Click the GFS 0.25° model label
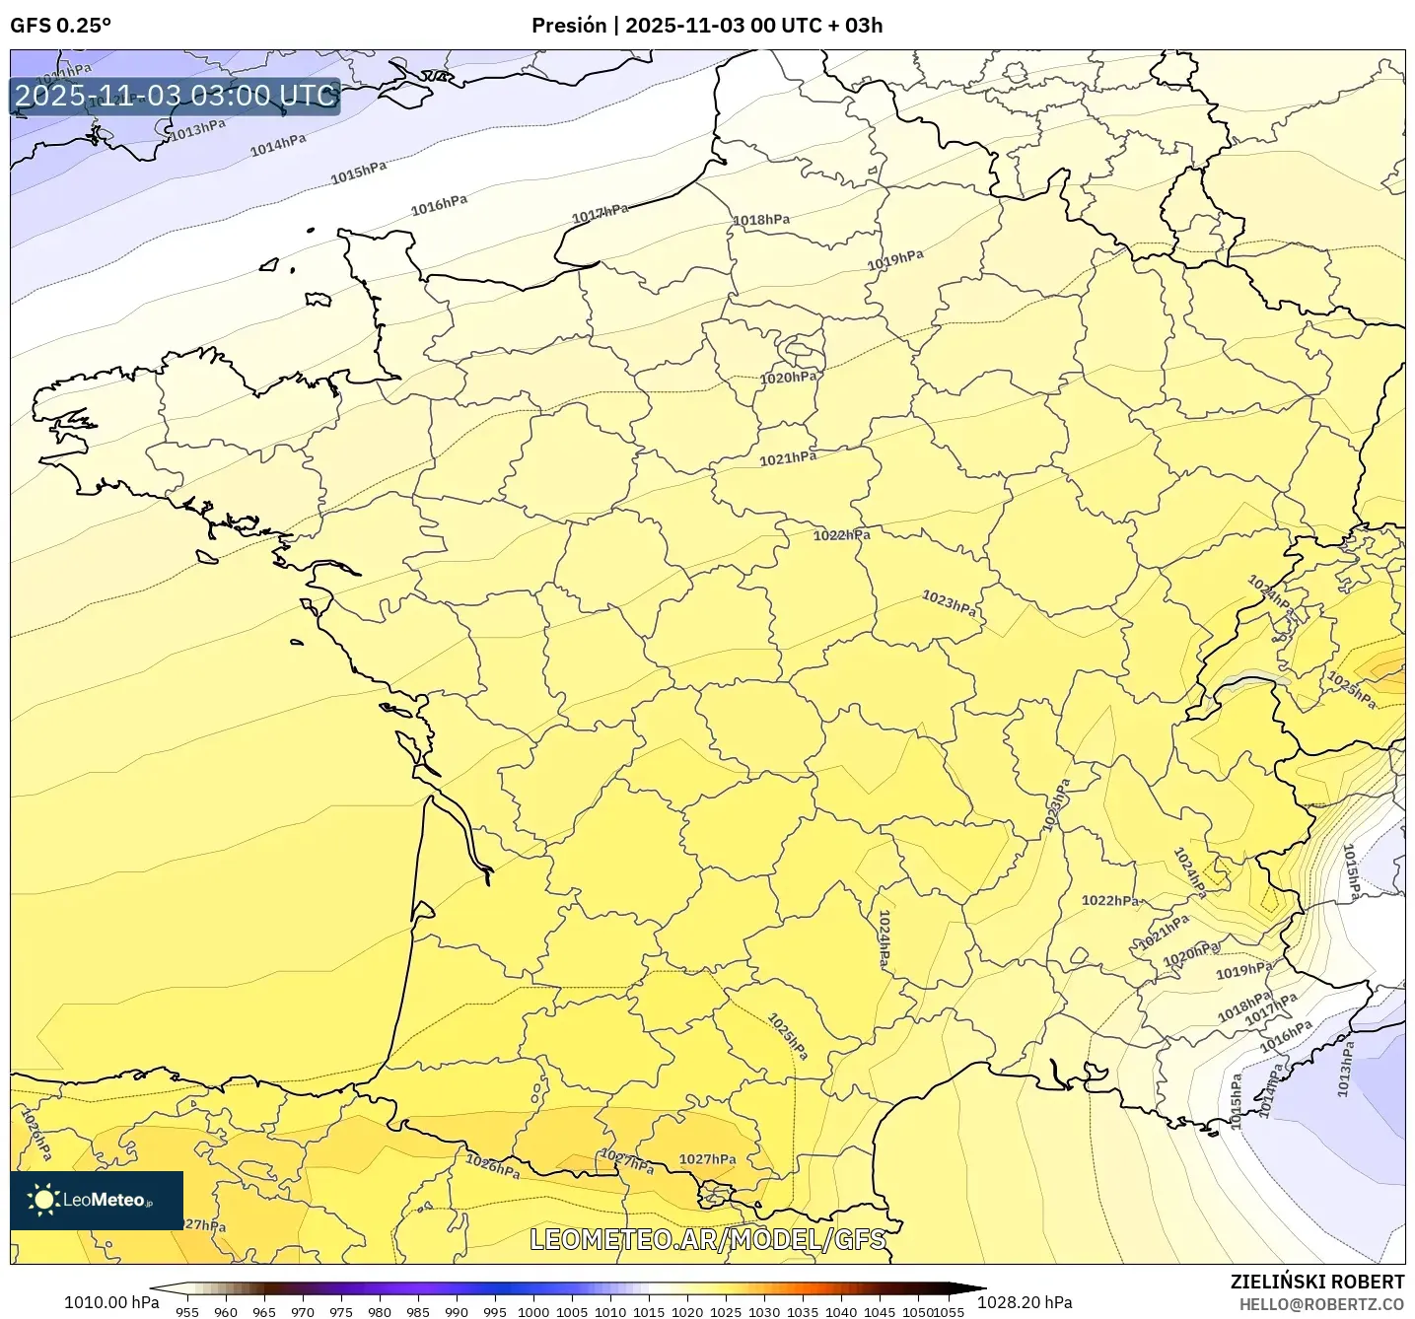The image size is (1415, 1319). (60, 26)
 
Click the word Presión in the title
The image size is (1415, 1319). (569, 26)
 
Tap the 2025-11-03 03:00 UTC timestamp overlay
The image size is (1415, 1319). (176, 96)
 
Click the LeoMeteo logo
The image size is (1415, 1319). (97, 1200)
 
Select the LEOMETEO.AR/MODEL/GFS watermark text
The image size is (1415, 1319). (707, 1239)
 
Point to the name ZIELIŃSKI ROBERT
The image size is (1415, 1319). (1316, 1282)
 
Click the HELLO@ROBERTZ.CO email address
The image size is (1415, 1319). (1321, 1304)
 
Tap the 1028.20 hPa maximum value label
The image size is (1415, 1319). (1025, 1302)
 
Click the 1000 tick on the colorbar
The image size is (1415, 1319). (533, 1311)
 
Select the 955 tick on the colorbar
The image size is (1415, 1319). (187, 1311)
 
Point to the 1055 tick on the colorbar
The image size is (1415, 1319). (949, 1311)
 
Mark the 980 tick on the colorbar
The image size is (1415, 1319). (380, 1311)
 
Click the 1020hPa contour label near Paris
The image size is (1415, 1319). (789, 378)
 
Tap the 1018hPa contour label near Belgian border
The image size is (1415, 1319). (761, 220)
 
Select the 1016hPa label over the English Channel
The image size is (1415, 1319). (439, 205)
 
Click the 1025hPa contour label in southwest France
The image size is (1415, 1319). (788, 1037)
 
